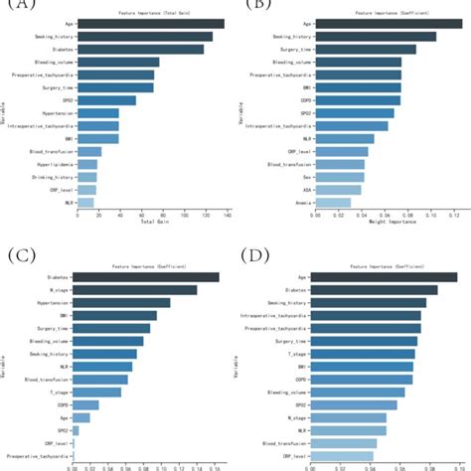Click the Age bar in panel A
(150, 23)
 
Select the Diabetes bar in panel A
(140, 49)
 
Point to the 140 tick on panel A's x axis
(228, 214)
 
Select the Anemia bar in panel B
(332, 202)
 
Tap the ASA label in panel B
(301, 189)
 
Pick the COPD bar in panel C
(85, 404)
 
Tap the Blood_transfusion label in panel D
(289, 443)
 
